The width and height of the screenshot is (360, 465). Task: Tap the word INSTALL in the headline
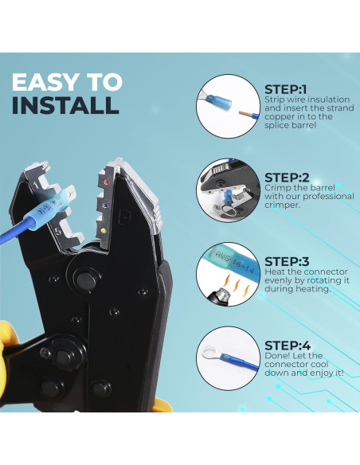[x=65, y=105]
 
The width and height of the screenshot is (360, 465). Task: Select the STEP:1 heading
[x=285, y=89]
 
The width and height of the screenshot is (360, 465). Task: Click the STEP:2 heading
[x=287, y=178]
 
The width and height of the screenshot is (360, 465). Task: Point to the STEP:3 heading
[x=287, y=261]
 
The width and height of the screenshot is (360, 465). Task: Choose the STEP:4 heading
[x=288, y=346]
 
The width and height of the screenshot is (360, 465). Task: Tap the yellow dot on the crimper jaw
[x=104, y=230]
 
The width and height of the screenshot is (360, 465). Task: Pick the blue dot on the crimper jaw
[x=104, y=205]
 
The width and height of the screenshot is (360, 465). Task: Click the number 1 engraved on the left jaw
[x=37, y=186]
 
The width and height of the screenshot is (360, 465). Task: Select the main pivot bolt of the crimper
[x=84, y=278]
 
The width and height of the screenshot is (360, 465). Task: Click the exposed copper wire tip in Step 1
[x=245, y=114]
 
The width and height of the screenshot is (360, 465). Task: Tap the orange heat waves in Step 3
[x=237, y=285]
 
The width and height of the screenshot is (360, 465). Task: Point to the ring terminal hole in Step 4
[x=210, y=353]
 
